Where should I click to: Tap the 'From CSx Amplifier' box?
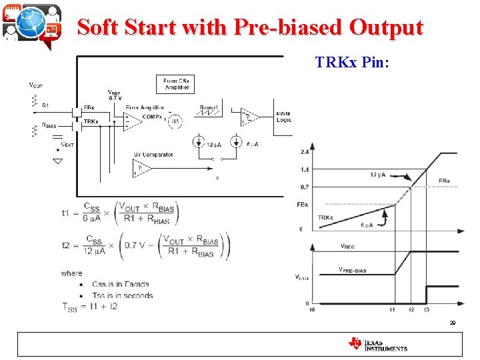(177, 84)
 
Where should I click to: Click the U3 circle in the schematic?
(175, 121)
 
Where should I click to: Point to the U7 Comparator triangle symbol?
(142, 169)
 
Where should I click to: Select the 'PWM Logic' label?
(283, 117)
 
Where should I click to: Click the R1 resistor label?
(45, 105)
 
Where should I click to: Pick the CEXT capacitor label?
(67, 144)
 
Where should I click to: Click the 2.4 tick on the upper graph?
(305, 151)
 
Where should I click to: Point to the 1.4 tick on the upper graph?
(305, 170)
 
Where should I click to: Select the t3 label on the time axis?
(427, 310)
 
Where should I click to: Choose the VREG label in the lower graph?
(347, 245)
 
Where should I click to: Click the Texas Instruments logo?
(377, 344)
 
